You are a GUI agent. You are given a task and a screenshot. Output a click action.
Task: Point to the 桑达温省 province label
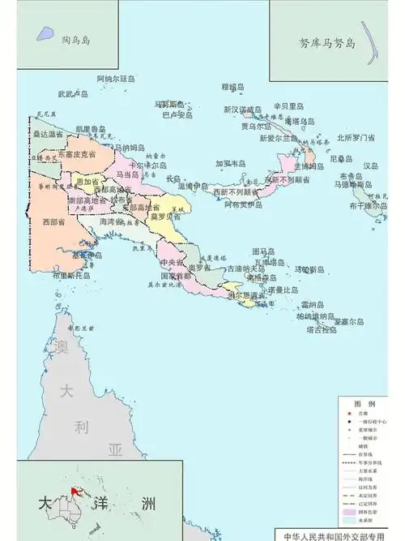[46, 134]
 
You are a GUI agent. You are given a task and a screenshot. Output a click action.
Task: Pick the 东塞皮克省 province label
[77, 153]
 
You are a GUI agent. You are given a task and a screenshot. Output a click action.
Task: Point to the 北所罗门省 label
[356, 138]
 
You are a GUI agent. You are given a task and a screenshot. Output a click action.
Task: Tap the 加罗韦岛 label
[230, 163]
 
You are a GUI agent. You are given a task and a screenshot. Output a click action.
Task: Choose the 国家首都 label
[176, 277]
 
